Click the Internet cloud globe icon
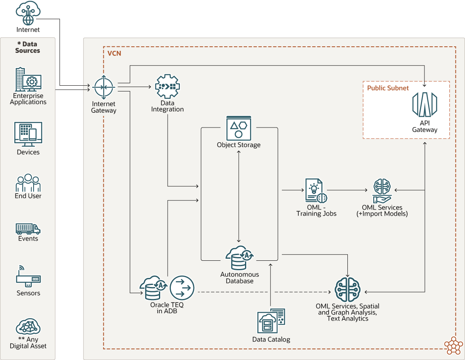tap(28, 13)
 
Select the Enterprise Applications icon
tap(28, 80)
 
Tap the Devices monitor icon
tap(28, 134)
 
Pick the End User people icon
tap(28, 183)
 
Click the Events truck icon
tap(28, 228)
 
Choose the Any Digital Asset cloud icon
tap(28, 327)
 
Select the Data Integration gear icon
tap(167, 87)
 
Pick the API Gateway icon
tap(424, 105)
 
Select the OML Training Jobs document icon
tap(316, 190)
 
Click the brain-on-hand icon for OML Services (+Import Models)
tap(382, 191)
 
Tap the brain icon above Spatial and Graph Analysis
tap(347, 289)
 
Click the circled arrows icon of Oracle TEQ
tap(182, 288)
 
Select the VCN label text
tap(114, 53)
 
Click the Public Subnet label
tap(388, 88)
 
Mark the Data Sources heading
tap(27, 47)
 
